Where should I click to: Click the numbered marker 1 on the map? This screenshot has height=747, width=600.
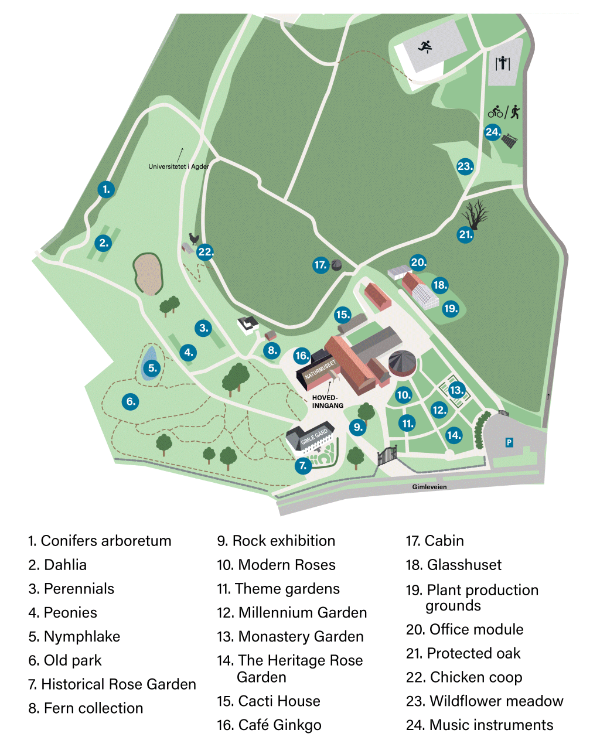tap(106, 189)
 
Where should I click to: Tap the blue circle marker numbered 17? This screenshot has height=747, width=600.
tap(321, 265)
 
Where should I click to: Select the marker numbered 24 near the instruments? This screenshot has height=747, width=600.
tap(493, 132)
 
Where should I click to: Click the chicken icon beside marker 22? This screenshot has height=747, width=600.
tap(193, 239)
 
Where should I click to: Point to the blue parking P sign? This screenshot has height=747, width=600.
tap(509, 442)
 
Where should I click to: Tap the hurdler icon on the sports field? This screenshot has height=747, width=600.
tap(426, 46)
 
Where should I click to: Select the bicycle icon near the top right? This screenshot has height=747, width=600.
tap(496, 111)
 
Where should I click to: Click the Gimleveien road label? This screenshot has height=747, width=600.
tap(429, 487)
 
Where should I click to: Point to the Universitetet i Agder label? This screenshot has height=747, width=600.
tap(179, 166)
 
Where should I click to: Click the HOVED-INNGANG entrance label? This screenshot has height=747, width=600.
tap(328, 401)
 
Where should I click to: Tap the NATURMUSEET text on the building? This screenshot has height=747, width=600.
tap(321, 370)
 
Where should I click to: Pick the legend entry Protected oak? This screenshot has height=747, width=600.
tap(463, 653)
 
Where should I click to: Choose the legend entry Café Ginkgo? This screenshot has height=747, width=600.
tap(269, 725)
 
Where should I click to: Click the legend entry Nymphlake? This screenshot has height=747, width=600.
tap(74, 636)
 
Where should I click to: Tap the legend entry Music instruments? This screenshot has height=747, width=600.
tap(479, 725)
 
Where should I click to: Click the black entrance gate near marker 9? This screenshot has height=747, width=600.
tap(387, 455)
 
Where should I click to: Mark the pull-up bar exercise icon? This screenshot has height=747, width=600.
tap(502, 63)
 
